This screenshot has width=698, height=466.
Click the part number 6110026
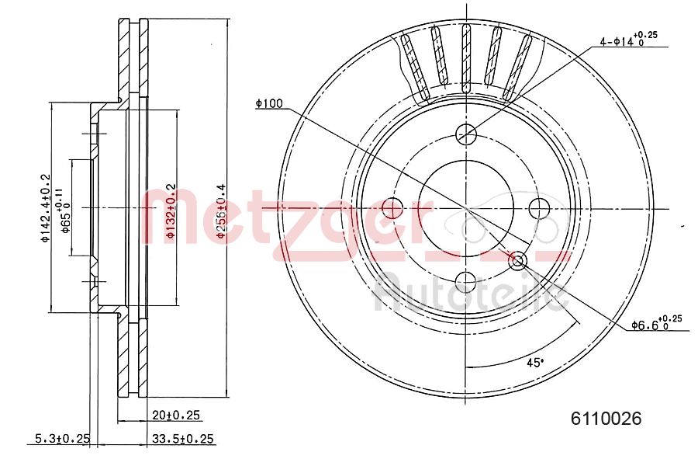[x=606, y=419]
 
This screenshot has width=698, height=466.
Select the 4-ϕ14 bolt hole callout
[x=627, y=40]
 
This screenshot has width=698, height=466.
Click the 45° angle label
[x=534, y=362]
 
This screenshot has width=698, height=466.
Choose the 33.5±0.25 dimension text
[x=184, y=439]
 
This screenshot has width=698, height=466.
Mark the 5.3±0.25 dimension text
[x=63, y=439]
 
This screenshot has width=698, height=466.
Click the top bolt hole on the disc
[x=466, y=134]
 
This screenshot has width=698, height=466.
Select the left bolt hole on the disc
[x=392, y=208]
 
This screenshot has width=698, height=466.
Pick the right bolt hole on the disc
[x=540, y=208]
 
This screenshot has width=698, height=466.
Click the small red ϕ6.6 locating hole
[x=518, y=260]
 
